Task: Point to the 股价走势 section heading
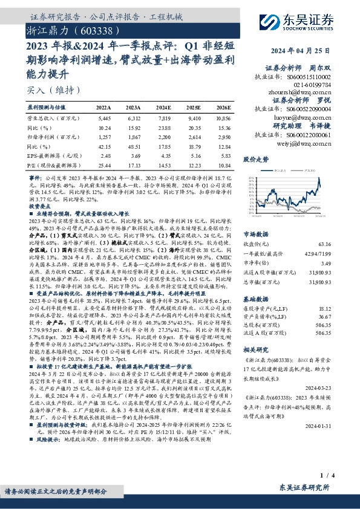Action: coord(255,160)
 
